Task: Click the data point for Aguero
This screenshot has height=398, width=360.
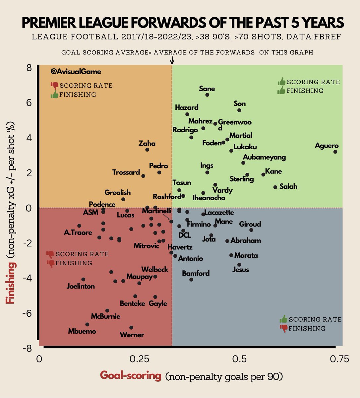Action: tap(335, 152)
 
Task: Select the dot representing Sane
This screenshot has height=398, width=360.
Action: tap(207, 95)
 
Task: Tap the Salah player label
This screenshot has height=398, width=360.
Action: tap(288, 186)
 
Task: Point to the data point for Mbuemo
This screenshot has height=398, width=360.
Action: tap(87, 324)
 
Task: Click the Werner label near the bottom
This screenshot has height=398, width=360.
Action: tap(132, 335)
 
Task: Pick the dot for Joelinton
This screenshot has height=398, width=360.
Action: tap(83, 280)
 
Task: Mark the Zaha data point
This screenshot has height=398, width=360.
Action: tap(147, 150)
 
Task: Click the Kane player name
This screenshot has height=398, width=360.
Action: tap(273, 171)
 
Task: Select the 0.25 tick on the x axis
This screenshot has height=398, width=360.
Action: tap(139, 360)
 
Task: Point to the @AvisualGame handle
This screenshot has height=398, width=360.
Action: tap(76, 72)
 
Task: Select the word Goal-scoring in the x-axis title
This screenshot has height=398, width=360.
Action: tap(130, 376)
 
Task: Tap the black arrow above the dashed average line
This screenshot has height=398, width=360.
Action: tap(172, 60)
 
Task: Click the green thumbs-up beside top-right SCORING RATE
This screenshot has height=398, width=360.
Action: tap(281, 82)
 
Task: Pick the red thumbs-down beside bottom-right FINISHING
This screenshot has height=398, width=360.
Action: tap(284, 328)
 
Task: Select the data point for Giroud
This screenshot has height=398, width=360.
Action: tap(251, 230)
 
